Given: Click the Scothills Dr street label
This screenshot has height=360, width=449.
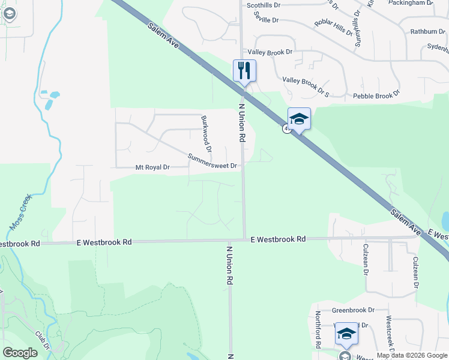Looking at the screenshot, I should point(264,5).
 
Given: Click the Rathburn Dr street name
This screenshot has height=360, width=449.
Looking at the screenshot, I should point(427,31).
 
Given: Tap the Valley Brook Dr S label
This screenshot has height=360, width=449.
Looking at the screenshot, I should point(306,86).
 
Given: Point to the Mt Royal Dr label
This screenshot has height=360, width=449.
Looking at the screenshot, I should point(152,167).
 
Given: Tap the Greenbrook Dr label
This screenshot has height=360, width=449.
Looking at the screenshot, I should point(353,310).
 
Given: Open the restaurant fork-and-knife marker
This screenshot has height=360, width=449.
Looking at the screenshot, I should point(244,70).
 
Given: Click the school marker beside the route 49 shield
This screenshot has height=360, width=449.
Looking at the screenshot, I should point(299,118).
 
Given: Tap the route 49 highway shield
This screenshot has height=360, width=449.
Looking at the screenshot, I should point(286,128).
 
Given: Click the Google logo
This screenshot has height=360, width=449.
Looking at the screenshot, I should point(20,353).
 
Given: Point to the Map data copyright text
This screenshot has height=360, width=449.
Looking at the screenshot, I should point(412,355).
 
